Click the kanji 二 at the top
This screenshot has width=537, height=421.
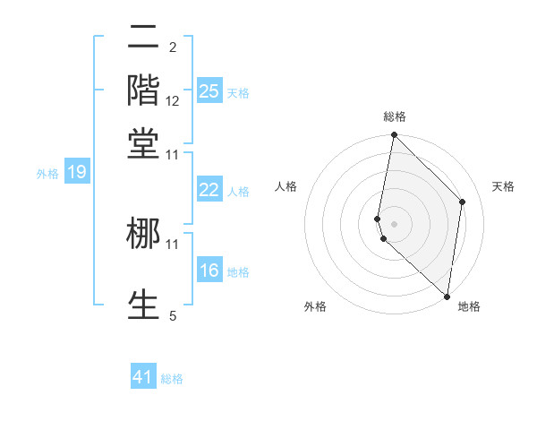[143, 39]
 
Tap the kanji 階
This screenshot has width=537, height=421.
[143, 90]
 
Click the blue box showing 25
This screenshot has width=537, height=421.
[209, 90]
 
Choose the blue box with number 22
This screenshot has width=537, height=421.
[209, 190]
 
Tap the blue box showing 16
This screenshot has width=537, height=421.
[209, 271]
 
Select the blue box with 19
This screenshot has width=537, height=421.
[77, 172]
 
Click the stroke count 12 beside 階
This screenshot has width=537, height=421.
[173, 101]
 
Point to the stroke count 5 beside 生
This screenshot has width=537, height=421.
[173, 314]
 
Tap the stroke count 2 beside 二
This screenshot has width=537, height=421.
[173, 47]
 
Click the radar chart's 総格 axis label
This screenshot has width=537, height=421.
[395, 116]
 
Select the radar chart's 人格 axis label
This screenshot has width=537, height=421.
[286, 186]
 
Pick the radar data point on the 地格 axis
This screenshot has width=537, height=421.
[447, 296]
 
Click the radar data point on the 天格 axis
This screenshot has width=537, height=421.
[463, 202]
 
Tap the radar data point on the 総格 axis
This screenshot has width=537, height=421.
[394, 135]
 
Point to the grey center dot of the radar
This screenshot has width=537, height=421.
[394, 223]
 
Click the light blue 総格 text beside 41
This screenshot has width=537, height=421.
[172, 379]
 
